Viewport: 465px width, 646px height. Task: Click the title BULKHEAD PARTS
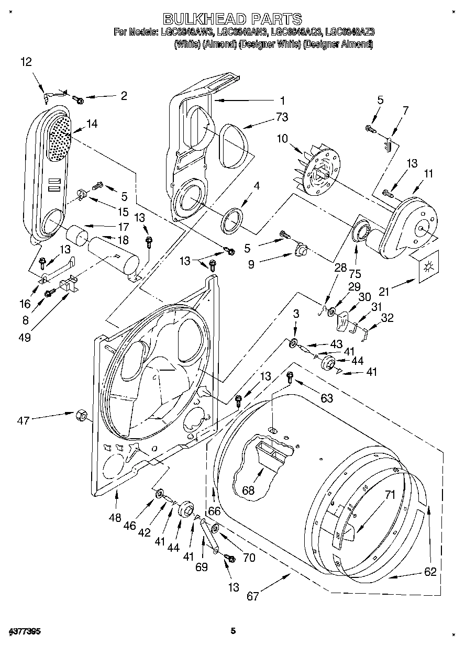click(x=233, y=19)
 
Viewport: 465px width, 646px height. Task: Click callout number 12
click(x=26, y=62)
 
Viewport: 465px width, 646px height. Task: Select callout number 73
click(x=282, y=116)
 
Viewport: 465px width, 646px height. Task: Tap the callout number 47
click(x=24, y=419)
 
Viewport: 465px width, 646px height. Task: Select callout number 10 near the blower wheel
click(x=282, y=139)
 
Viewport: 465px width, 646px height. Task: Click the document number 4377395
click(x=25, y=631)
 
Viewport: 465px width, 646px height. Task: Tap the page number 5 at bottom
click(x=234, y=631)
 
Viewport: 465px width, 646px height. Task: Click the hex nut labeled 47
click(x=82, y=416)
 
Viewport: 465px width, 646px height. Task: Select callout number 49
click(x=24, y=338)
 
